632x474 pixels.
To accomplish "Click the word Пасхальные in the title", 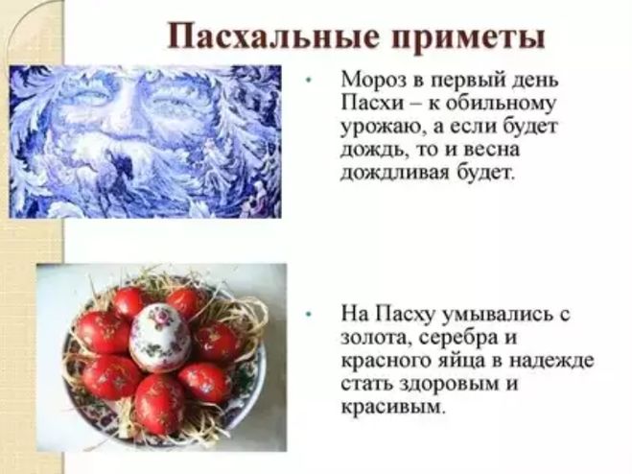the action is click(x=273, y=36).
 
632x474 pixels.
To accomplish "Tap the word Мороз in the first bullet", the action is click(x=373, y=81).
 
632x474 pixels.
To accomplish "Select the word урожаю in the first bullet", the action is click(x=375, y=128).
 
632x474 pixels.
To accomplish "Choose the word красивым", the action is click(x=393, y=406).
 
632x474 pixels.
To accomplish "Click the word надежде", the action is click(x=551, y=360).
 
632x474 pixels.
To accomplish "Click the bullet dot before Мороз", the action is click(x=309, y=82).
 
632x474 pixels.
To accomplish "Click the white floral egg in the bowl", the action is click(x=159, y=338).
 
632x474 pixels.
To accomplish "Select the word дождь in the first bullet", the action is click(x=369, y=151).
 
